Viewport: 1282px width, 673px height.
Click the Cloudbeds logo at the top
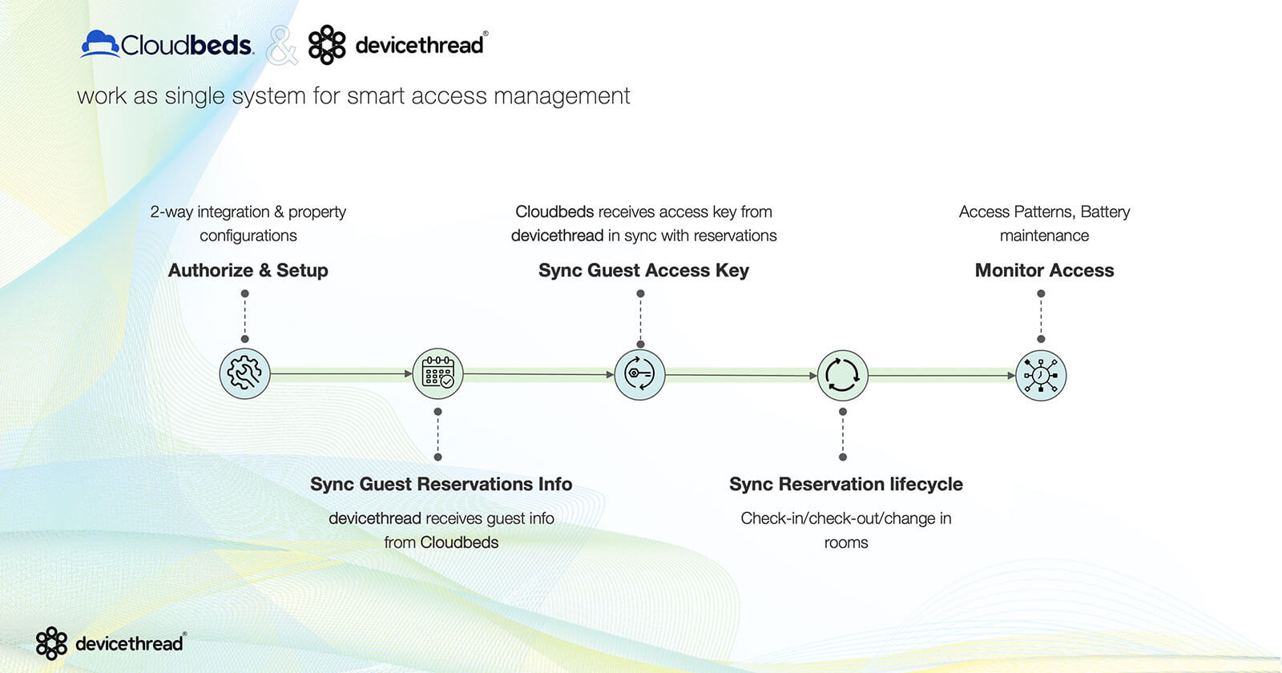167,44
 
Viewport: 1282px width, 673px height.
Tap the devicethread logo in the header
397,44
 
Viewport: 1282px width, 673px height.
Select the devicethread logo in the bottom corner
111,643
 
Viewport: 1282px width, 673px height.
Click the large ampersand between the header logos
281,46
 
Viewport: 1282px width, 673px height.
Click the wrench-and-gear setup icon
244,374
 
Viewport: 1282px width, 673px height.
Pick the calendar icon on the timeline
437,373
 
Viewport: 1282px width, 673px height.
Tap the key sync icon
639,374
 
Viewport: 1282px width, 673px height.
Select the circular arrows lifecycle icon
842,374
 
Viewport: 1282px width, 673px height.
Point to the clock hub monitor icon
1041,375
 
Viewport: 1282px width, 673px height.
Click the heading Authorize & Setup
248,271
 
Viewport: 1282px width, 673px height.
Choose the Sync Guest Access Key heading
643,271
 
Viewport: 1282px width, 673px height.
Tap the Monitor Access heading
1044,271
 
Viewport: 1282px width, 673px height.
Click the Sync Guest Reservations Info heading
441,484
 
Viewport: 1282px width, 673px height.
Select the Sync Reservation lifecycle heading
845,484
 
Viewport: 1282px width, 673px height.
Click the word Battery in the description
1105,212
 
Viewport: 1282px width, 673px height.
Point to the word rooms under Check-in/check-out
845,542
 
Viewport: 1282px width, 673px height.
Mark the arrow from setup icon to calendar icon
341,373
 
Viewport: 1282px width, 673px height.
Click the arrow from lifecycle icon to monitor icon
941,375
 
